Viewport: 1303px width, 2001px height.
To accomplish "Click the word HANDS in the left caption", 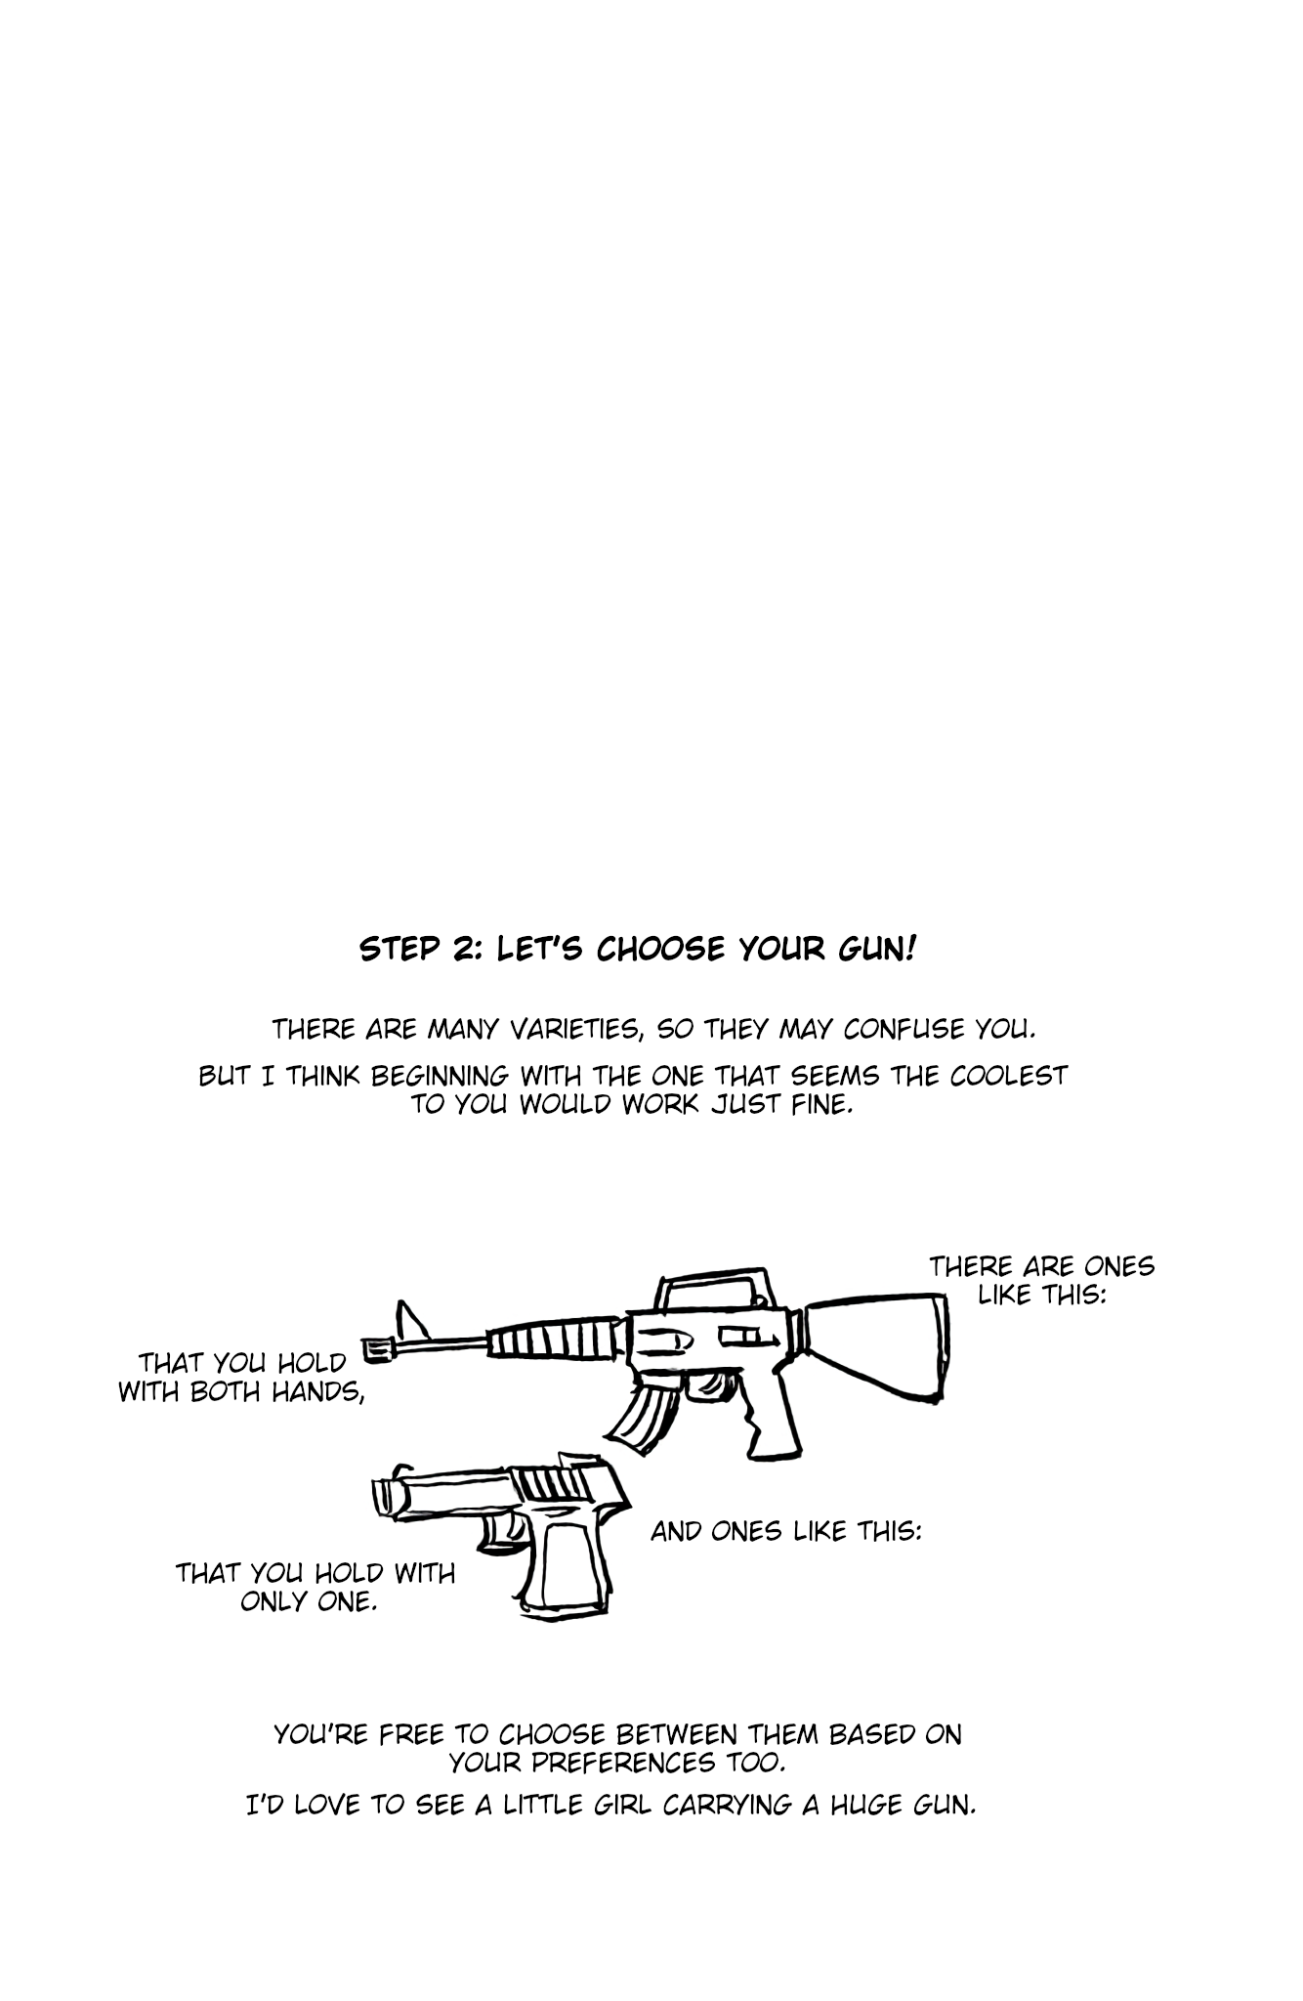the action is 315,1391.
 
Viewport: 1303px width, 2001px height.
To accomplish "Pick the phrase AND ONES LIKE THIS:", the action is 786,1531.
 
